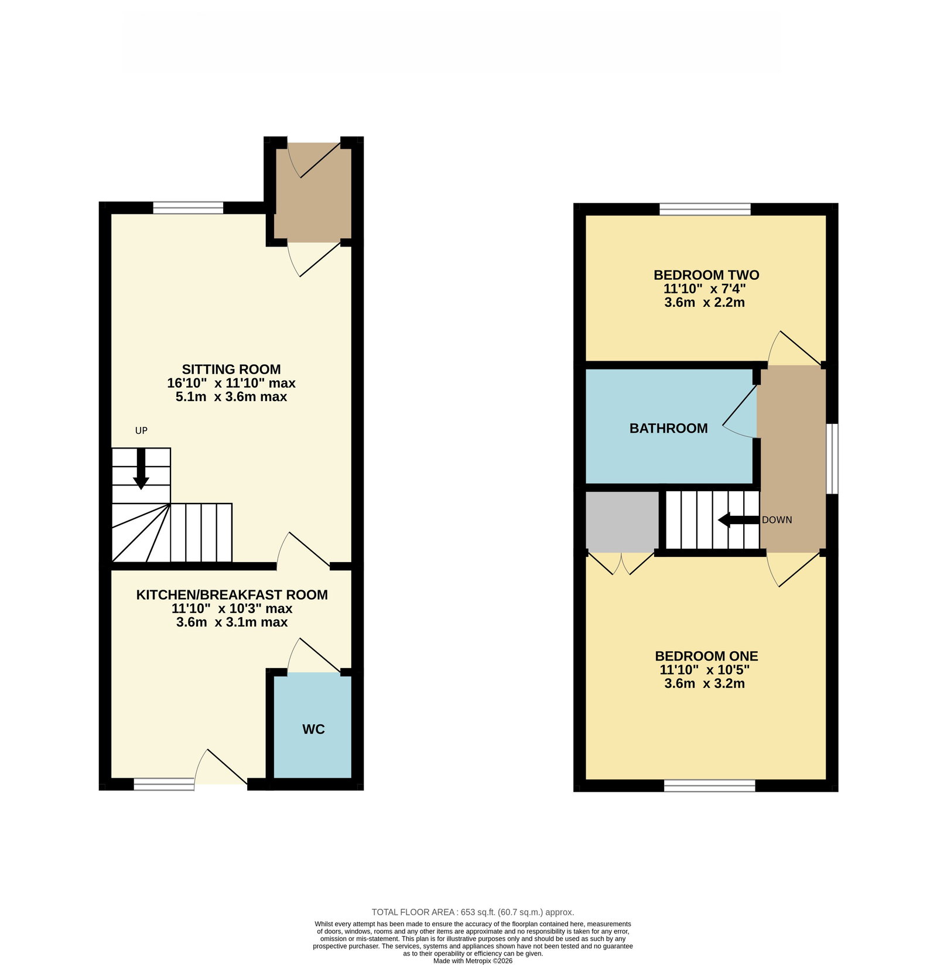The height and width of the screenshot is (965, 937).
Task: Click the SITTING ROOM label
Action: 231,369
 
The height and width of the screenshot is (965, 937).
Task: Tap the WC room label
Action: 313,729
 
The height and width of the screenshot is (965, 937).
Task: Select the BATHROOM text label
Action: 669,429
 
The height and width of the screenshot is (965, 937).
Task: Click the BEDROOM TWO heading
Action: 706,275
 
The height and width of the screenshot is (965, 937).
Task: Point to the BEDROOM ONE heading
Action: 706,656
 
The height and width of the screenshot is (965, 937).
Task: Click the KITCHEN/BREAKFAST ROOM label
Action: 232,595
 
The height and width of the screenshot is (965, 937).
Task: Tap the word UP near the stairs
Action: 141,430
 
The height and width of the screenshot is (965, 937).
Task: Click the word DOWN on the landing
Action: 777,520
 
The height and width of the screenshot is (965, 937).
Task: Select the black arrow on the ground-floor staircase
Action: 141,468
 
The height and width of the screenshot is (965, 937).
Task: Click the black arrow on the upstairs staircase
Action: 739,519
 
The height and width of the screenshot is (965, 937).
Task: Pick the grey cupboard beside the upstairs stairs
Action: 622,521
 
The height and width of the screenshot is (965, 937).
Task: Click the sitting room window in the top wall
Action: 188,207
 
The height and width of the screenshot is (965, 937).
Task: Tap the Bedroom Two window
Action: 705,209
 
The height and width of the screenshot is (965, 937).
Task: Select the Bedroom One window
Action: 710,786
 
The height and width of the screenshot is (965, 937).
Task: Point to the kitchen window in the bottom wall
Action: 164,784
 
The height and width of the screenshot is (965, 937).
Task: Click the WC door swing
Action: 313,655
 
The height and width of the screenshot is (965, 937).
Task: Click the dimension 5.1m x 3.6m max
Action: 231,396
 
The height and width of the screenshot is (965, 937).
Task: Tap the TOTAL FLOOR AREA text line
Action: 473,912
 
